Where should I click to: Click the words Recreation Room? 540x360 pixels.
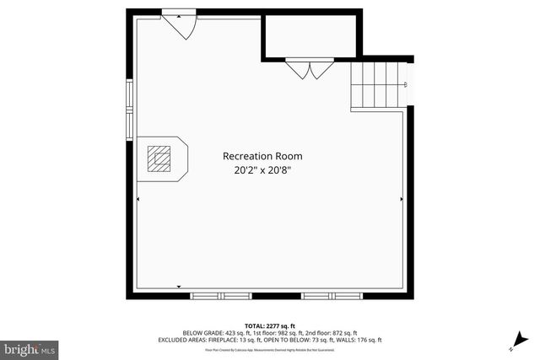click(262, 156)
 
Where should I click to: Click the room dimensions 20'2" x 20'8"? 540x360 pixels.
click(262, 170)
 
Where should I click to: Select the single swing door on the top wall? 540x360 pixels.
click(180, 24)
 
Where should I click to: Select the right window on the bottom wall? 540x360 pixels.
click(331, 296)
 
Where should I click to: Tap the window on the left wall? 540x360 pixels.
click(130, 109)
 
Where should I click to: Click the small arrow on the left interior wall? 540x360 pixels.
click(138, 199)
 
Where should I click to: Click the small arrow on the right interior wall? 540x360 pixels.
click(402, 199)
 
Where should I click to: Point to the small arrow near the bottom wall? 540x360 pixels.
click(179, 287)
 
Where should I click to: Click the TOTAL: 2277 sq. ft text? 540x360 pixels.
click(270, 325)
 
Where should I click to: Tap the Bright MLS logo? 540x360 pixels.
click(30, 347)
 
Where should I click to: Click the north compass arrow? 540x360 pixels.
click(512, 347)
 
